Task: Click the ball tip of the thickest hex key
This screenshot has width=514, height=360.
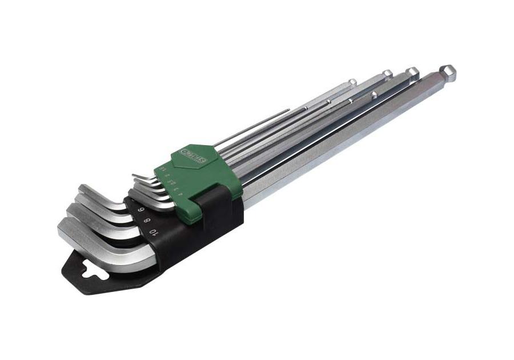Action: click(x=448, y=73)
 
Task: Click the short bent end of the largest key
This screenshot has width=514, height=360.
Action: click(x=80, y=235)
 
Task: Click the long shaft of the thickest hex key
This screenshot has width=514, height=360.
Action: click(x=343, y=137)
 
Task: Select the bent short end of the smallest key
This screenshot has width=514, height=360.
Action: click(x=137, y=177)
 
